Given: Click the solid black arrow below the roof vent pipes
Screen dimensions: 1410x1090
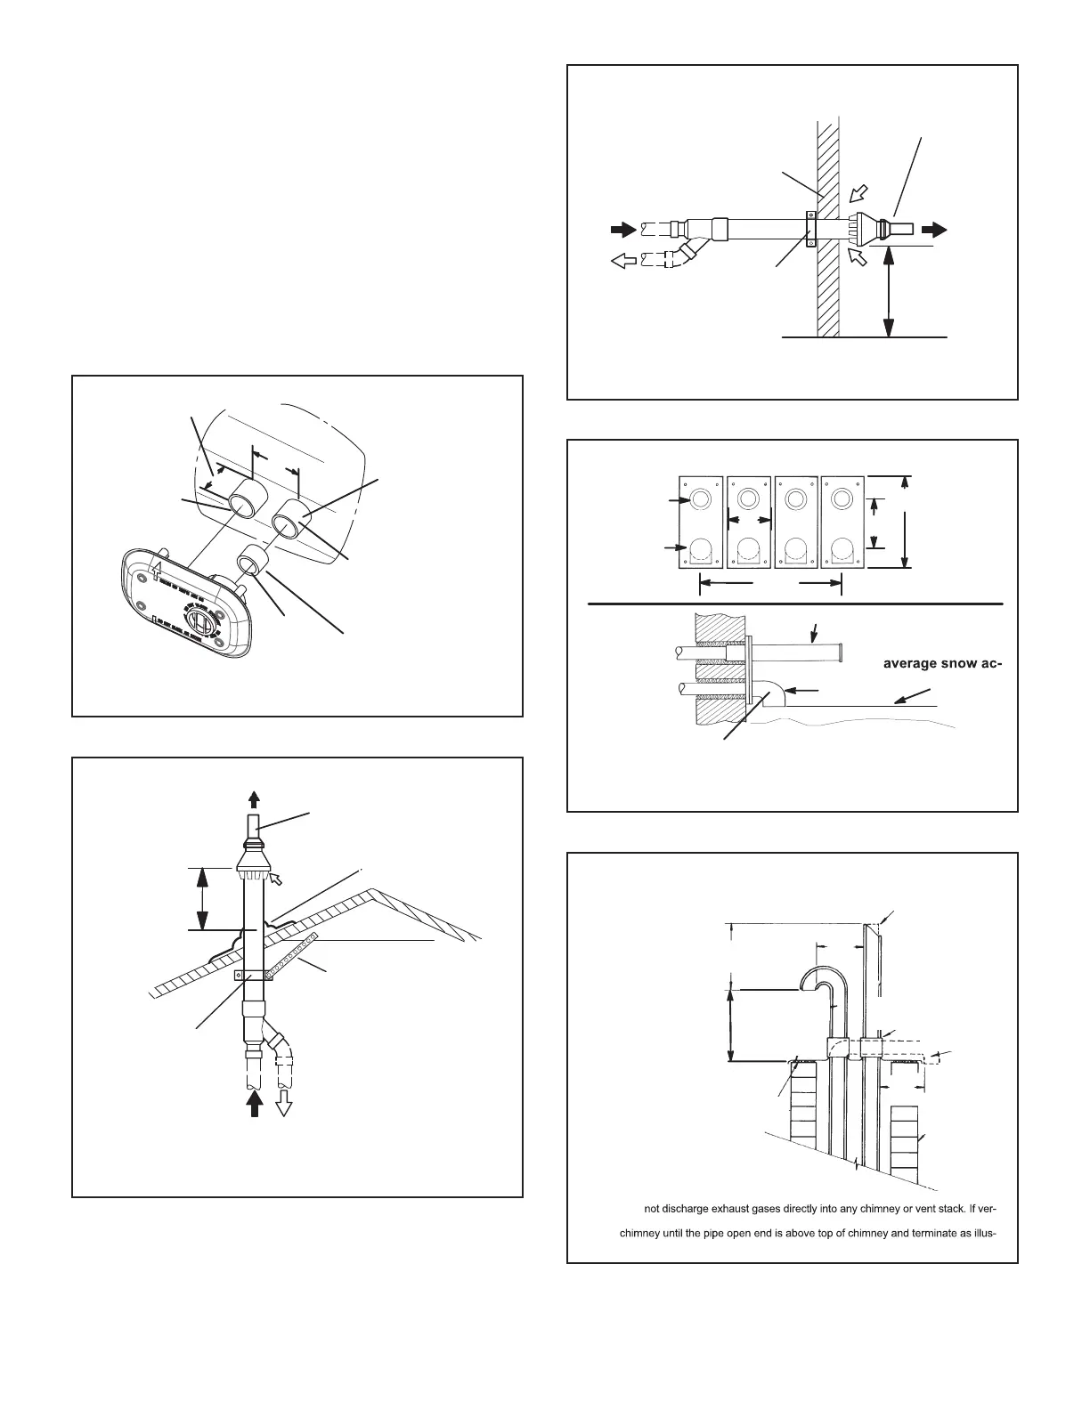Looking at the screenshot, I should (x=256, y=1104).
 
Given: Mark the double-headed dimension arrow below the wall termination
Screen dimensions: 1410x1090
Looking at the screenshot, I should (x=887, y=294).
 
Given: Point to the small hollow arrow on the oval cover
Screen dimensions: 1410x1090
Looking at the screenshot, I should (x=157, y=564).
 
